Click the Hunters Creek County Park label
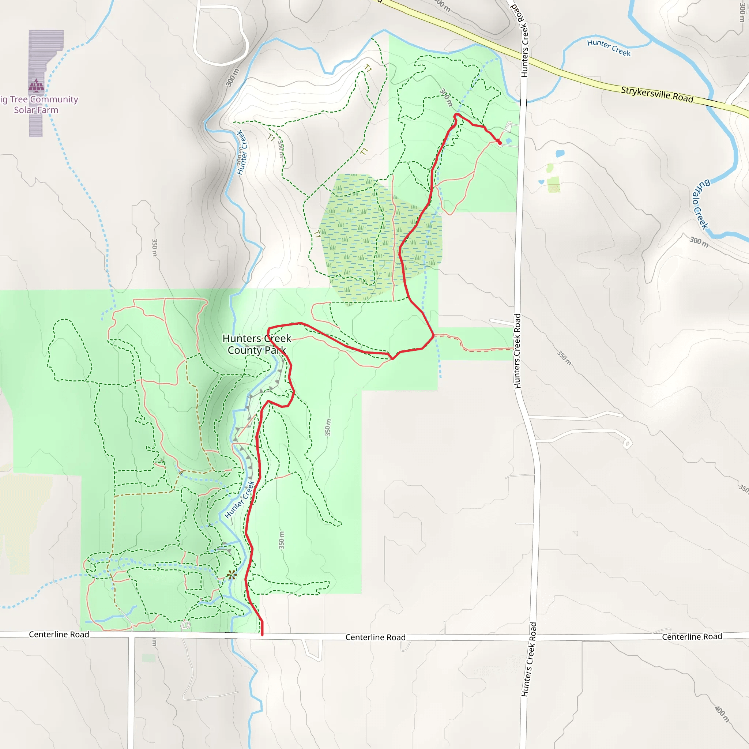257,344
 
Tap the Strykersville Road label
657,94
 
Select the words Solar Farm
36,110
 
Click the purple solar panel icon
37,86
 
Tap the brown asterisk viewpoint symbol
232,575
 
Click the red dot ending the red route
500,143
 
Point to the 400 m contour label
722,714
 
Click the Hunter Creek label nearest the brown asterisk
240,500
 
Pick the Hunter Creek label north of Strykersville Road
609,48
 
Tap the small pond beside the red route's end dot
509,141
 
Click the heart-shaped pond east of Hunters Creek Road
560,154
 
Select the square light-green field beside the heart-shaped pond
554,184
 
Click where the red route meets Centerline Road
263,635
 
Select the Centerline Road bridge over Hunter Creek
231,635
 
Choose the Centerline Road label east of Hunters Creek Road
692,637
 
